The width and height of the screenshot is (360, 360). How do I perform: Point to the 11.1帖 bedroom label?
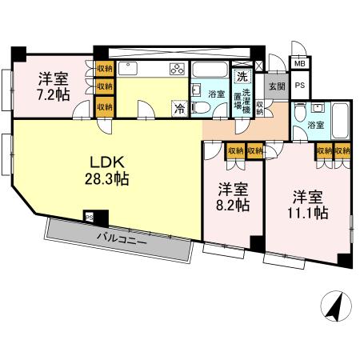point(308,204)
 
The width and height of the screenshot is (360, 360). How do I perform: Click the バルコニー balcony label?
point(122,238)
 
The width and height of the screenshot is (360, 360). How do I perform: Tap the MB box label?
point(299,63)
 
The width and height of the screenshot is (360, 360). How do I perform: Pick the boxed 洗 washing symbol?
point(241,78)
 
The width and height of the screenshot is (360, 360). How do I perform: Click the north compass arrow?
point(336,306)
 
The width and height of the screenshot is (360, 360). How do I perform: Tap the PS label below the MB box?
point(300,84)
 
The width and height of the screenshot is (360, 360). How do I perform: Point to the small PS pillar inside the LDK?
point(89,215)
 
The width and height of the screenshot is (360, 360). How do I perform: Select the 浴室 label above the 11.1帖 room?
point(316,125)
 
